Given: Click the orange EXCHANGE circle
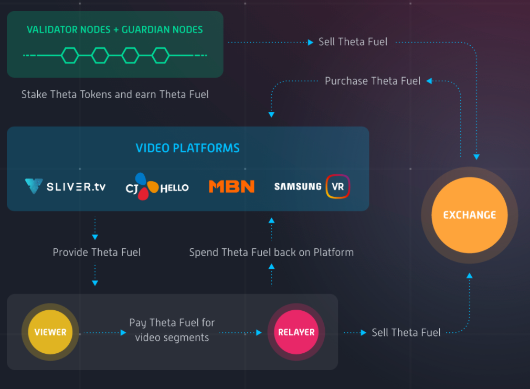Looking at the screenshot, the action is (x=470, y=215).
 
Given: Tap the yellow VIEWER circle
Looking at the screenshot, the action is (x=50, y=332).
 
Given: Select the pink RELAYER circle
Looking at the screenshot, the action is (x=296, y=332).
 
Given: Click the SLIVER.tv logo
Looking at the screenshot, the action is (x=65, y=186).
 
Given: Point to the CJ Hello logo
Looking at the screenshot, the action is (x=157, y=186).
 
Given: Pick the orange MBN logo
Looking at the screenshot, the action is (x=231, y=186).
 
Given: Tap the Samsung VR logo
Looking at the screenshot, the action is (x=312, y=186).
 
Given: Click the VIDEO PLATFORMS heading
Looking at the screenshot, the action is (x=187, y=148).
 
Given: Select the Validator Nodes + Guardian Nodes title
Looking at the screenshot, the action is (x=114, y=30).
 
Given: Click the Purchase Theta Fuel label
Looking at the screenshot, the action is (x=373, y=81).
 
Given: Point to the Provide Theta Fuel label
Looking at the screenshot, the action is (x=97, y=253).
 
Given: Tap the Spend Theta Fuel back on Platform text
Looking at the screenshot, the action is (x=271, y=253).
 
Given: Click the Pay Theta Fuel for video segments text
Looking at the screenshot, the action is (x=172, y=330).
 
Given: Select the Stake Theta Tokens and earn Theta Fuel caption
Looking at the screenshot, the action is (x=115, y=94).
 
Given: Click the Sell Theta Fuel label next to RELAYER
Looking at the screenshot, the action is (x=406, y=332).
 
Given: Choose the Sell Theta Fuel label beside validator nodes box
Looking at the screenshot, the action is (x=353, y=42).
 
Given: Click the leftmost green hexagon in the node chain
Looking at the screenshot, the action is (x=70, y=55).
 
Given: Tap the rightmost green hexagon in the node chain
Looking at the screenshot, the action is (x=161, y=55).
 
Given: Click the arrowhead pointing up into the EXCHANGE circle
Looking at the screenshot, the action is (x=470, y=275).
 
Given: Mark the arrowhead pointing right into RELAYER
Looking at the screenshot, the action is (x=259, y=332).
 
